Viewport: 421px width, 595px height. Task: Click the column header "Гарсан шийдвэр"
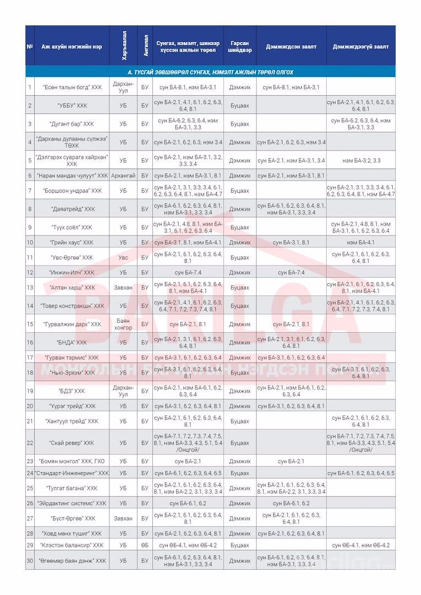pos(240,46)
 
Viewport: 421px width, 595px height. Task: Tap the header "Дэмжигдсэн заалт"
pos(291,46)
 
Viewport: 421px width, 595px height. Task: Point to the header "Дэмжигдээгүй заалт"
pos(360,46)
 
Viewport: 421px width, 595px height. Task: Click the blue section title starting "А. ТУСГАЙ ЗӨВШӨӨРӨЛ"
pos(210,72)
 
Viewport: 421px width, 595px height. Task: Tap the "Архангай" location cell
pos(123,176)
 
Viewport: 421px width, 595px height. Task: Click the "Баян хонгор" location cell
pos(123,324)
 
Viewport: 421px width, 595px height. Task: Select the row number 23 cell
pos(30,461)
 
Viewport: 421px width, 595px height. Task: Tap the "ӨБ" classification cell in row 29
pos(145,545)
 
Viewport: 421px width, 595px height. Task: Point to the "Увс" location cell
pos(123,257)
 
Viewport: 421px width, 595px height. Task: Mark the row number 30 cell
pos(30,560)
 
